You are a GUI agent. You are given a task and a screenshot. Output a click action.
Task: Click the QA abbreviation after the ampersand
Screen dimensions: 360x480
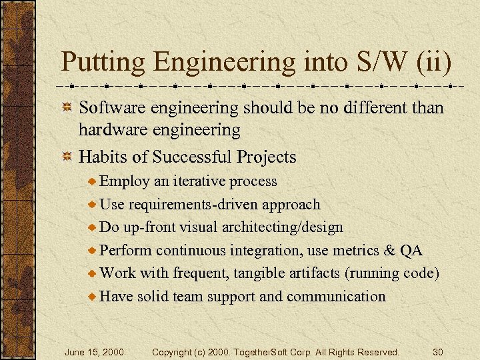pyautogui.click(x=411, y=251)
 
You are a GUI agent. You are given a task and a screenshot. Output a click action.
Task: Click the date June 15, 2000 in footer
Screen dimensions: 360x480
pyautogui.click(x=94, y=351)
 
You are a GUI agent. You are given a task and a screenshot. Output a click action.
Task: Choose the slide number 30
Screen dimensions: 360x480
pyautogui.click(x=437, y=351)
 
